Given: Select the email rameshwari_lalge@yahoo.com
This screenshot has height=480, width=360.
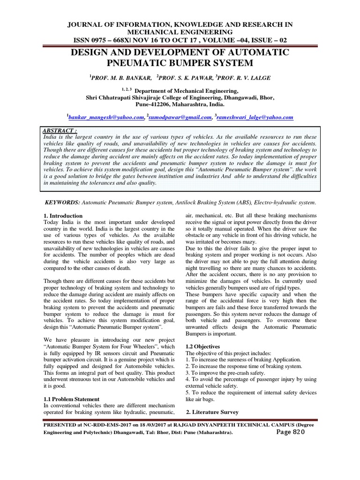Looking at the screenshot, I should point(255,118).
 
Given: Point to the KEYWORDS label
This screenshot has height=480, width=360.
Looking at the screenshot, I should point(62,202).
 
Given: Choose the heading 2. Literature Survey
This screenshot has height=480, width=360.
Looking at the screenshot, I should point(212,412).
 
